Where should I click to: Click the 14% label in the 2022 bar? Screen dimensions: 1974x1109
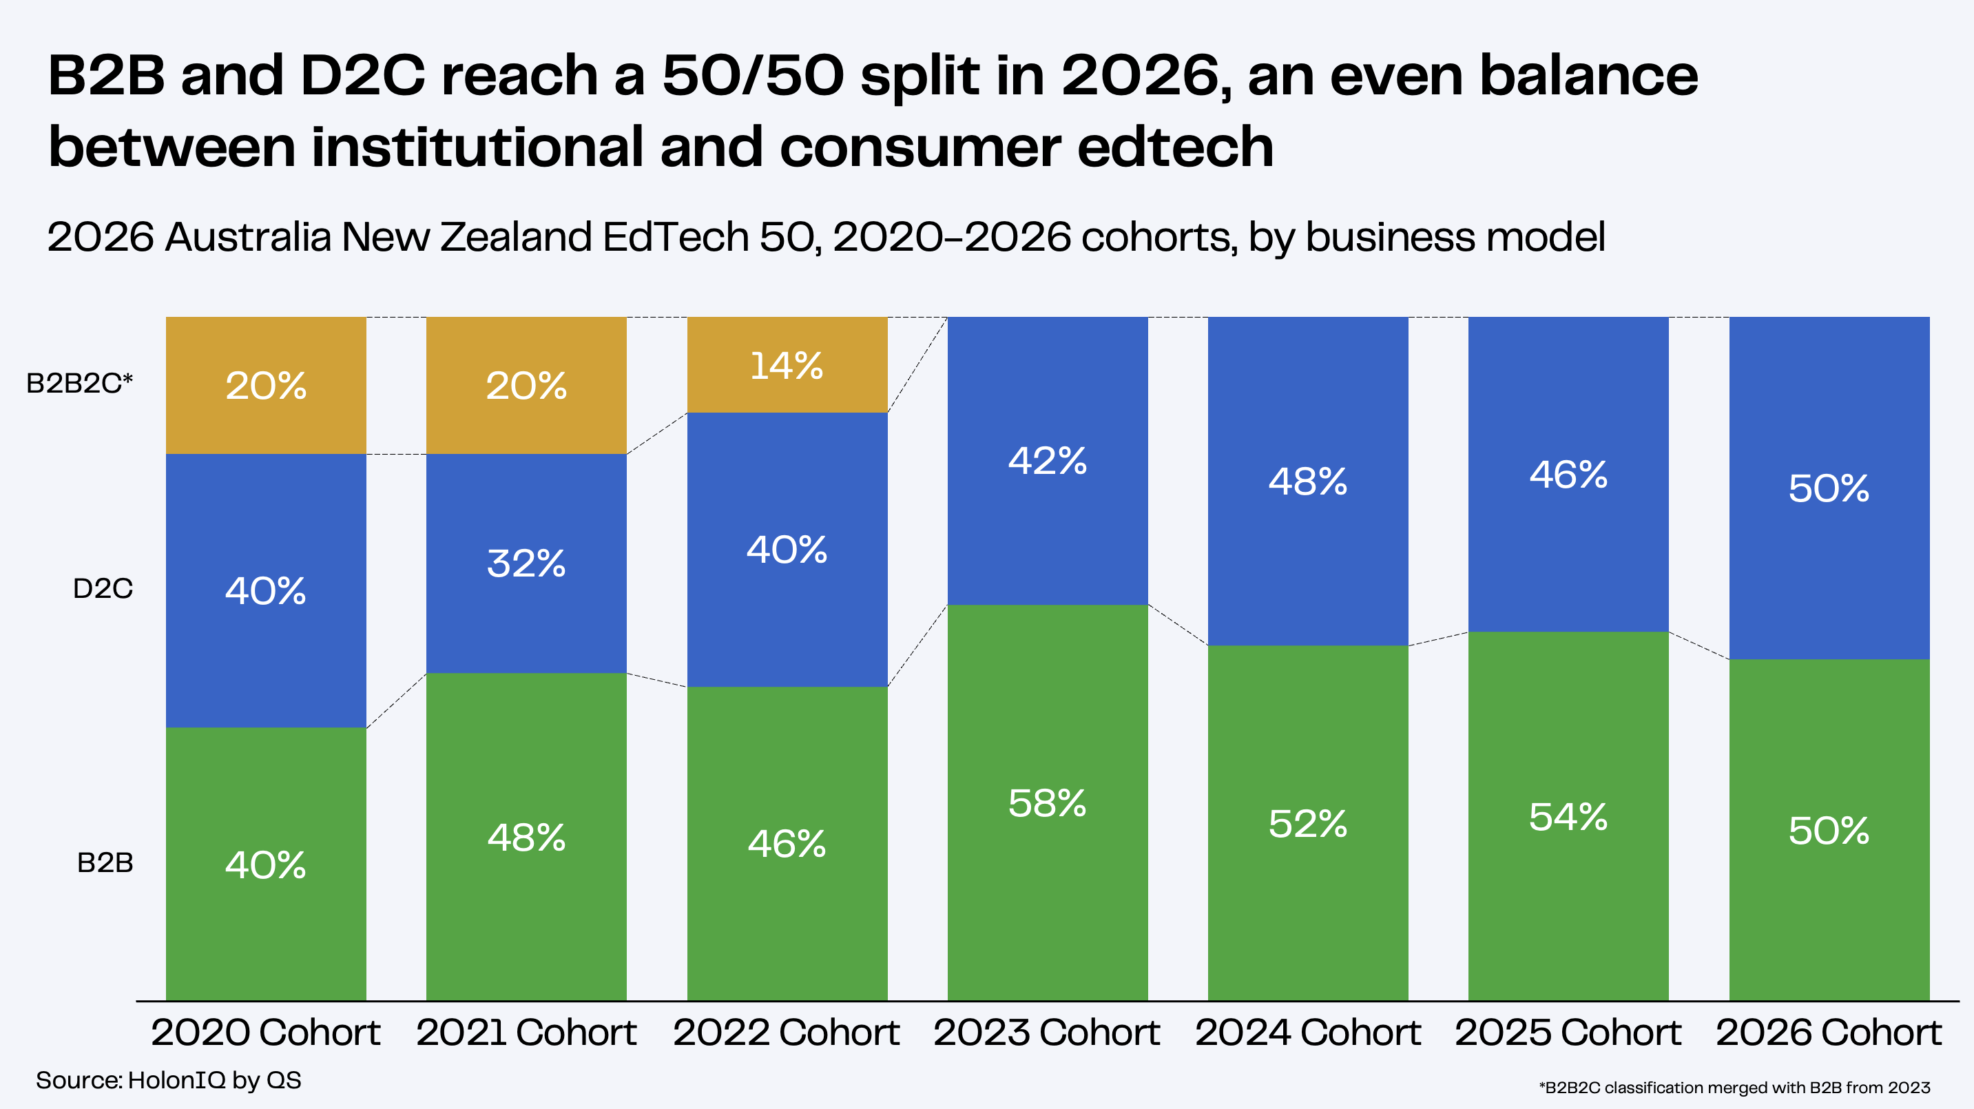point(787,366)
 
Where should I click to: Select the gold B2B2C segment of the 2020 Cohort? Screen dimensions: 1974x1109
point(266,386)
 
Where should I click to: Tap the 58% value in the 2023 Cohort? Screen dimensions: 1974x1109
point(1047,803)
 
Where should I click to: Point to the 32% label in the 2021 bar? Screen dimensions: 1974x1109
point(526,563)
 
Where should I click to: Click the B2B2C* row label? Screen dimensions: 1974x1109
point(80,382)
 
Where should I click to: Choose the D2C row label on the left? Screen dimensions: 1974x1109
point(103,589)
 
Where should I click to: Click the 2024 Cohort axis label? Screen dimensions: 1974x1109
point(1307,1033)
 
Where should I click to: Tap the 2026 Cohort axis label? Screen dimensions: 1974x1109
point(1829,1033)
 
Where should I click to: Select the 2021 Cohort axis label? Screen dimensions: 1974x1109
point(526,1033)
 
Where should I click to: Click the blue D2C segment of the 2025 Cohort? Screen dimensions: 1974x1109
point(1568,475)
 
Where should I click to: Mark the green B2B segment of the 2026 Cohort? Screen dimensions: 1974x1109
point(1829,830)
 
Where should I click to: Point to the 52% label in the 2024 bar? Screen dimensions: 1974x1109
point(1307,824)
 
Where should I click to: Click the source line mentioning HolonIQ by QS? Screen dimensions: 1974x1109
point(169,1081)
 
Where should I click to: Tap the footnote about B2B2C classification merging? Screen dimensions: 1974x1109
point(1734,1088)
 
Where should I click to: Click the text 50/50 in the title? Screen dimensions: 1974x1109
point(754,75)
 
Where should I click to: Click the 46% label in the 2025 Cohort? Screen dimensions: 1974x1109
point(1568,475)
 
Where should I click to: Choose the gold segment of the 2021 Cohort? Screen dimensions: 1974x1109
point(526,386)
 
